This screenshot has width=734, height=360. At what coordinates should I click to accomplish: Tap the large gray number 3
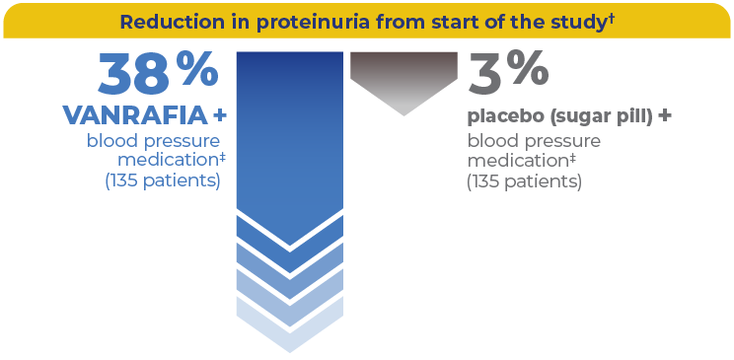pyautogui.click(x=487, y=75)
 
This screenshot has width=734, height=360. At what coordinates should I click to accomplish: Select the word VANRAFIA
pyautogui.click(x=134, y=116)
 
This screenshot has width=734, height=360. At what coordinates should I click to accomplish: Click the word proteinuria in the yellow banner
pyautogui.click(x=311, y=22)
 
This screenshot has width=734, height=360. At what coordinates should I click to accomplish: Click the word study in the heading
pyautogui.click(x=567, y=22)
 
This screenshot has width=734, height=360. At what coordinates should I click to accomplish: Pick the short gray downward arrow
pyautogui.click(x=404, y=83)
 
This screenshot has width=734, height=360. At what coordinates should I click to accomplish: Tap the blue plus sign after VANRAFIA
pyautogui.click(x=219, y=116)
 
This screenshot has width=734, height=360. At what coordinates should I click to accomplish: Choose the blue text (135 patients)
pyautogui.click(x=163, y=180)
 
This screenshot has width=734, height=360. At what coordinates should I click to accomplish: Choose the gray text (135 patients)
pyautogui.click(x=524, y=181)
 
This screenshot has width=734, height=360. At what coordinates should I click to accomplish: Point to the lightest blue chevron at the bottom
pyautogui.click(x=290, y=329)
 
